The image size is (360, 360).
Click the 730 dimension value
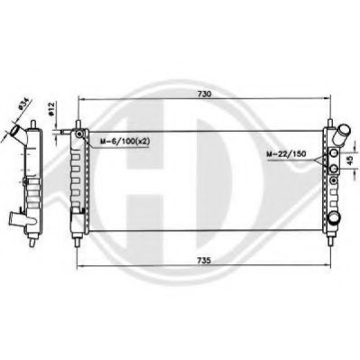[x=204, y=94]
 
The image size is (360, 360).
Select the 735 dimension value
[x=204, y=260]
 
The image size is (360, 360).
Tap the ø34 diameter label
[x=23, y=103]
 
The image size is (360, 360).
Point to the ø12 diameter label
[x=51, y=109]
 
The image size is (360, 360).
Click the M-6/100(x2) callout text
[x=125, y=142]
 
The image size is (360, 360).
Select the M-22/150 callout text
[x=286, y=154]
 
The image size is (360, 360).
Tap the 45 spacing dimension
[x=350, y=161]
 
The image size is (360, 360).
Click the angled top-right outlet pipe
[x=342, y=134]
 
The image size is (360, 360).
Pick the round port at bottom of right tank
[x=334, y=217]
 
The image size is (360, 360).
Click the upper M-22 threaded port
[x=335, y=153]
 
